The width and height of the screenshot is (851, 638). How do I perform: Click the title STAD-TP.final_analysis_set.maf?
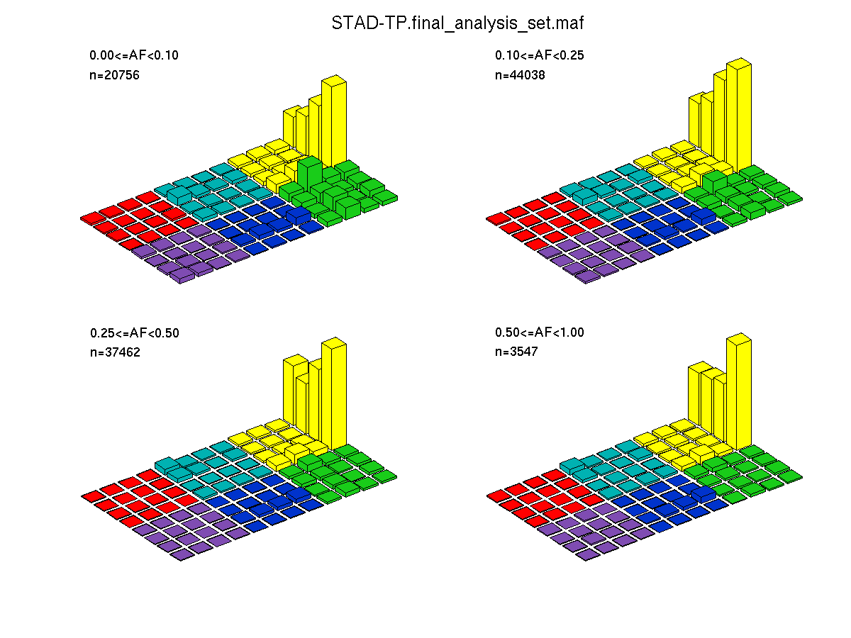click(x=457, y=23)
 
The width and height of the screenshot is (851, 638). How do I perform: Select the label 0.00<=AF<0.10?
click(x=134, y=55)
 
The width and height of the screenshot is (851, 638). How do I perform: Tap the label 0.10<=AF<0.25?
click(x=539, y=55)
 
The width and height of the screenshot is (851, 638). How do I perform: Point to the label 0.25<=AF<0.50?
click(x=135, y=333)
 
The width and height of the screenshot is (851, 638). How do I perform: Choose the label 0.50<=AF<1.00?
click(x=539, y=332)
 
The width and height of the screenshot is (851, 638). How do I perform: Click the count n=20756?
click(x=114, y=74)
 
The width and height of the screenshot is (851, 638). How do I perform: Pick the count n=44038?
click(x=520, y=74)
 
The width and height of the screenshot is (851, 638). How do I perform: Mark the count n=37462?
click(x=115, y=352)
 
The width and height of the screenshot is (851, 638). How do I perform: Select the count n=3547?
click(x=516, y=352)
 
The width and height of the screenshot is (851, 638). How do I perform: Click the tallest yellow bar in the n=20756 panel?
click(x=334, y=122)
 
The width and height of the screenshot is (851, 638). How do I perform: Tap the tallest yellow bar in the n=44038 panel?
click(x=739, y=116)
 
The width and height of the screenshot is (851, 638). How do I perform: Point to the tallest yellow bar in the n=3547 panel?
click(x=739, y=391)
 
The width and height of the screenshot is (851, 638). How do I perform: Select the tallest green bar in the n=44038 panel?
click(x=715, y=181)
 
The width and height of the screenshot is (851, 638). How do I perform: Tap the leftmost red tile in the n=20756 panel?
click(x=93, y=218)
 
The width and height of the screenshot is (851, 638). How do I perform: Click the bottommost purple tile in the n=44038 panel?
click(x=587, y=276)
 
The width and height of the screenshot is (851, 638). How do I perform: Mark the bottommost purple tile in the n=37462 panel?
click(x=182, y=555)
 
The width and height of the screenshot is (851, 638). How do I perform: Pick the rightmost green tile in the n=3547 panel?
click(x=790, y=476)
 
